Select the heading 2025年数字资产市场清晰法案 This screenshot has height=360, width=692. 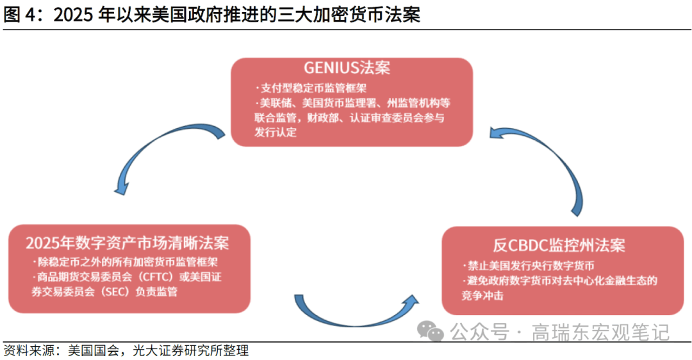(x=128, y=243)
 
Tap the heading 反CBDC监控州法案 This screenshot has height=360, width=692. (x=559, y=245)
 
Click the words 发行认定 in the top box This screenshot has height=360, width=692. (x=276, y=133)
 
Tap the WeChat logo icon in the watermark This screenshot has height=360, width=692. (x=430, y=331)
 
